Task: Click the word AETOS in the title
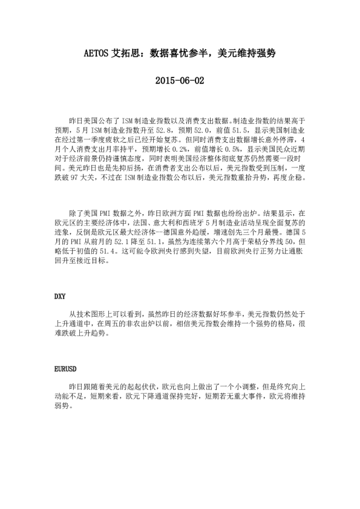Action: coord(96,53)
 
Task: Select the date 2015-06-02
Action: coord(180,80)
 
